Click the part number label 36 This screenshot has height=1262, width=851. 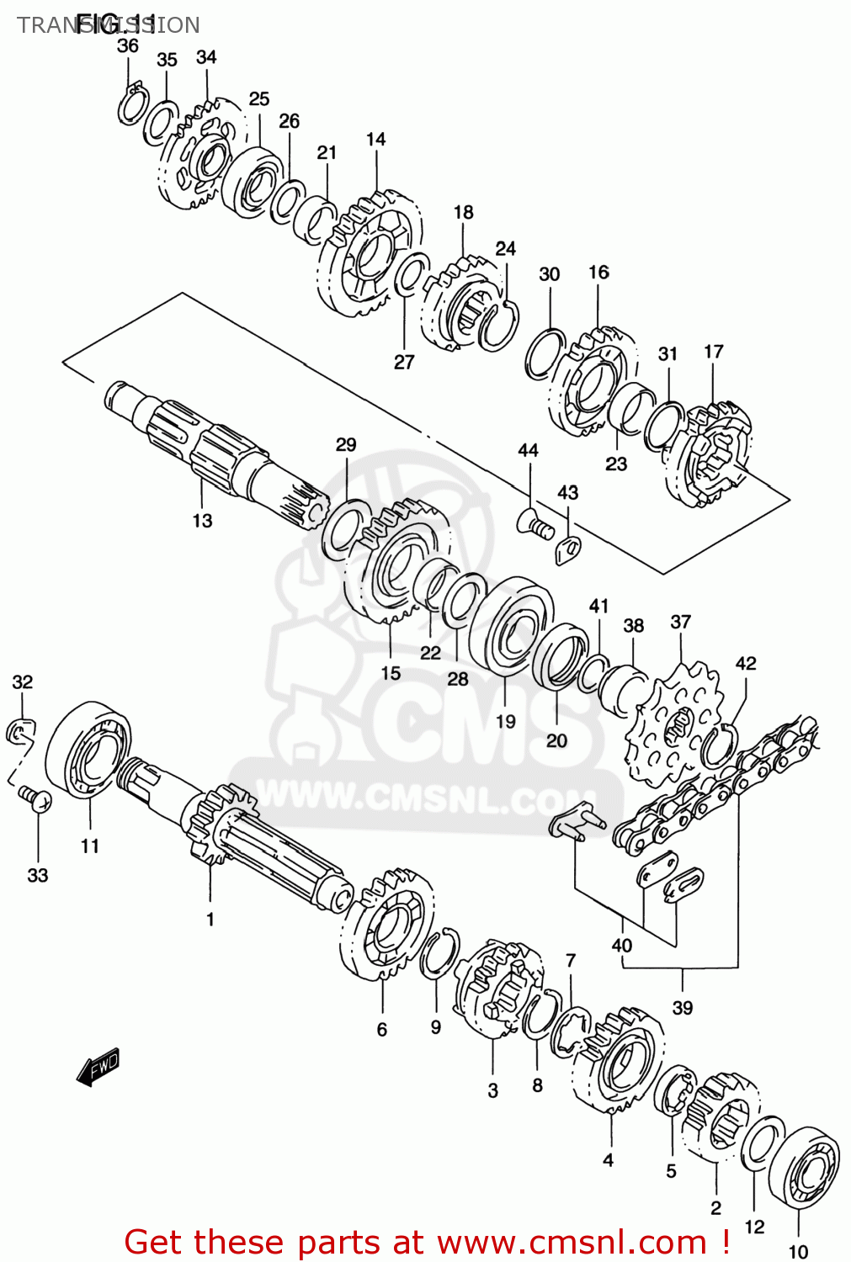(x=128, y=45)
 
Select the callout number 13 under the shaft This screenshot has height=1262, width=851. (x=202, y=521)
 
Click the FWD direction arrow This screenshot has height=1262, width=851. (x=98, y=1067)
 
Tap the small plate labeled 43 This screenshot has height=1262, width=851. (x=570, y=549)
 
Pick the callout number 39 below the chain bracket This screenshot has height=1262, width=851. (x=682, y=1007)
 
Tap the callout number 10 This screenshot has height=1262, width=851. (x=798, y=1251)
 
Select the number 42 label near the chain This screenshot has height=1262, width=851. (x=746, y=663)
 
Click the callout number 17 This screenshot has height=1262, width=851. (x=714, y=351)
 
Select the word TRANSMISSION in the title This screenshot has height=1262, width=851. (x=109, y=24)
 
